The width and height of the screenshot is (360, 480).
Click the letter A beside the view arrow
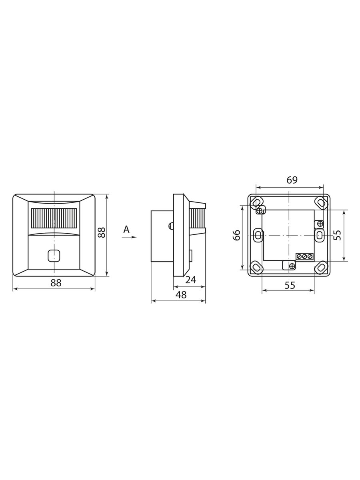point(126,229)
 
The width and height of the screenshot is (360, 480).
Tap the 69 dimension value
point(292,180)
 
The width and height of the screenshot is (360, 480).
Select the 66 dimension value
point(236,235)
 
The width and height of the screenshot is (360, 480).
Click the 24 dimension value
point(191,280)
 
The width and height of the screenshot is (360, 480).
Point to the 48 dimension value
point(181,295)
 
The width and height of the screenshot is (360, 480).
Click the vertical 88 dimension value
point(102,232)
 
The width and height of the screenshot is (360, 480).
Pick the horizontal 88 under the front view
point(56,283)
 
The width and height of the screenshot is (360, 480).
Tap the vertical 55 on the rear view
point(338,235)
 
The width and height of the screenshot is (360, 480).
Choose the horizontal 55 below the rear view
point(290,285)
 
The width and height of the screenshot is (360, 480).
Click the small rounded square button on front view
point(54,256)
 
